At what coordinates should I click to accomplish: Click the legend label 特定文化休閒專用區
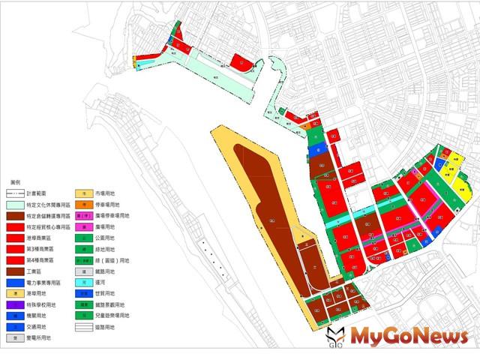click(49, 204)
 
